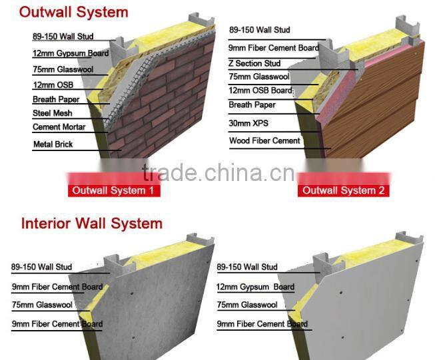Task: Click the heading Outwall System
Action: tap(73, 12)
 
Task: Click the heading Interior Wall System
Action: tap(91, 223)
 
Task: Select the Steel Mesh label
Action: tap(52, 113)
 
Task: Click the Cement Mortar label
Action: tap(58, 128)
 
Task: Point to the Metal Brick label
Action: tap(54, 144)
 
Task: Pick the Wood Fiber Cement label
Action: tap(264, 141)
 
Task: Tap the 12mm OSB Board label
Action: tap(260, 90)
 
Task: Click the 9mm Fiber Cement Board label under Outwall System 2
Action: tap(274, 47)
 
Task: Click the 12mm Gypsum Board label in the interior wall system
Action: tap(255, 287)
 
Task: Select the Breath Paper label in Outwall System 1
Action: tap(57, 99)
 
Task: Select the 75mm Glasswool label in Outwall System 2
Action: tap(258, 77)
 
